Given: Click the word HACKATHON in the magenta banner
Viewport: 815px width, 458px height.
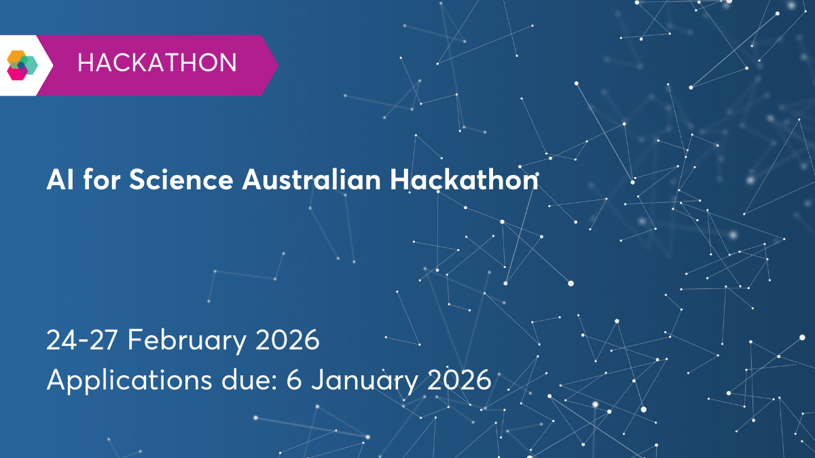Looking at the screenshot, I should pyautogui.click(x=157, y=63).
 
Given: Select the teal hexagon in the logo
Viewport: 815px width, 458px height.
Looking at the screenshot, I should pyautogui.click(x=29, y=64).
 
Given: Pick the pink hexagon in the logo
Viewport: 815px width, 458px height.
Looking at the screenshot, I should pyautogui.click(x=18, y=72).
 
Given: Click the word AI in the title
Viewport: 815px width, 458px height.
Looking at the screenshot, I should pyautogui.click(x=55, y=180).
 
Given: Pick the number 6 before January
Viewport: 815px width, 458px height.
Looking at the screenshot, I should pyautogui.click(x=293, y=380).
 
